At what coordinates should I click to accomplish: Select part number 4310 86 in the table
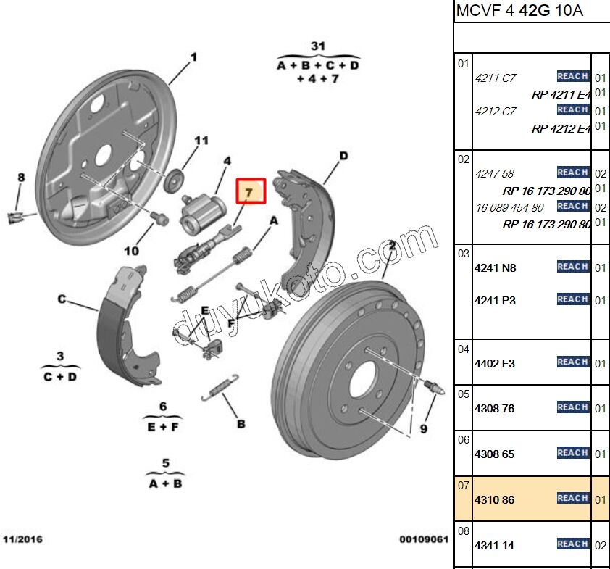pos(494,500)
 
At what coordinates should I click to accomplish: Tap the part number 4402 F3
pos(494,363)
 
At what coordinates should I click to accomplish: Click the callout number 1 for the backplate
pos(193,57)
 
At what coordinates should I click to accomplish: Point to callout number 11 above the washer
pos(201,140)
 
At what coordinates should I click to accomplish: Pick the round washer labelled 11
pos(175,180)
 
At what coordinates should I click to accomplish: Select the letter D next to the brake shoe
pos(343,156)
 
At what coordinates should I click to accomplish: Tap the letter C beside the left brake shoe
pos(62,299)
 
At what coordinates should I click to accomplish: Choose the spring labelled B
pos(220,388)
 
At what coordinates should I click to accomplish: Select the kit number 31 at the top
pos(317,46)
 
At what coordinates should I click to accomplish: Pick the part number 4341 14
pos(494,546)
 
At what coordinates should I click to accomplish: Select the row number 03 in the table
pos(464,253)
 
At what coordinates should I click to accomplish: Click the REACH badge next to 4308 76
pos(572,407)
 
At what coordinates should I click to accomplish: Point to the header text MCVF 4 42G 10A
pos(519,11)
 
